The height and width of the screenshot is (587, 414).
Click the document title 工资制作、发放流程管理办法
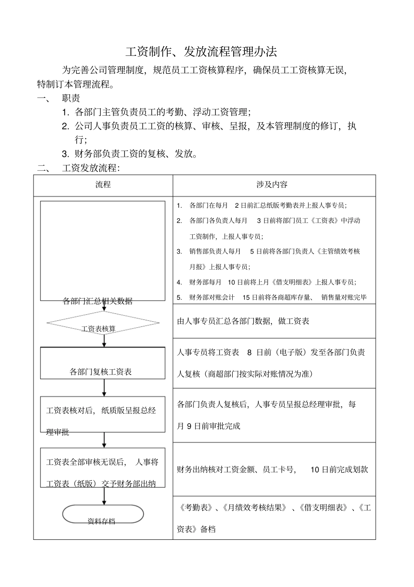201,52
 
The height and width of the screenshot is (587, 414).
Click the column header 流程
103,185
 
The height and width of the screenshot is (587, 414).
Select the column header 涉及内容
272,185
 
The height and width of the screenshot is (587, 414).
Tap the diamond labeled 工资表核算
103,324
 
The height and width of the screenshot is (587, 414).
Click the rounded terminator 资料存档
103,514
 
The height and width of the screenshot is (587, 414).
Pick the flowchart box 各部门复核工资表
103,363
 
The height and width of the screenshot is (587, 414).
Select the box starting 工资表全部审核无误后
103,467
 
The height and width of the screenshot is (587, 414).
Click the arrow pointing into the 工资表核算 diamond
105,306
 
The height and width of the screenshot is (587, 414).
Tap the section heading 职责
71,98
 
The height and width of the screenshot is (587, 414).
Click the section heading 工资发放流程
91,168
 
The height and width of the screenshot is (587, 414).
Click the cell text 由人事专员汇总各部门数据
243,321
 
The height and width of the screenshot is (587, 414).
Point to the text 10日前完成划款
339,470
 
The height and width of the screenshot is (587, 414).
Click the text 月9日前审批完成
209,426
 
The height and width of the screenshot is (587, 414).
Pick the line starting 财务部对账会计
271,298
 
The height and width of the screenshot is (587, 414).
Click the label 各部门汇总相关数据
98,301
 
